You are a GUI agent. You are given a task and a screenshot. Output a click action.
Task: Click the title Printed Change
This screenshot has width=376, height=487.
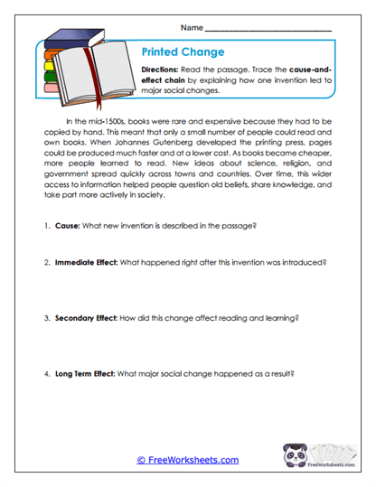point(183,52)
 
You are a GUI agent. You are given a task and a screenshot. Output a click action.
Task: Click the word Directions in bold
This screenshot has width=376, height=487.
point(164,70)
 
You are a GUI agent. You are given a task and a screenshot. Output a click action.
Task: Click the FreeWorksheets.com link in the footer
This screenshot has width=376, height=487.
point(187,460)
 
